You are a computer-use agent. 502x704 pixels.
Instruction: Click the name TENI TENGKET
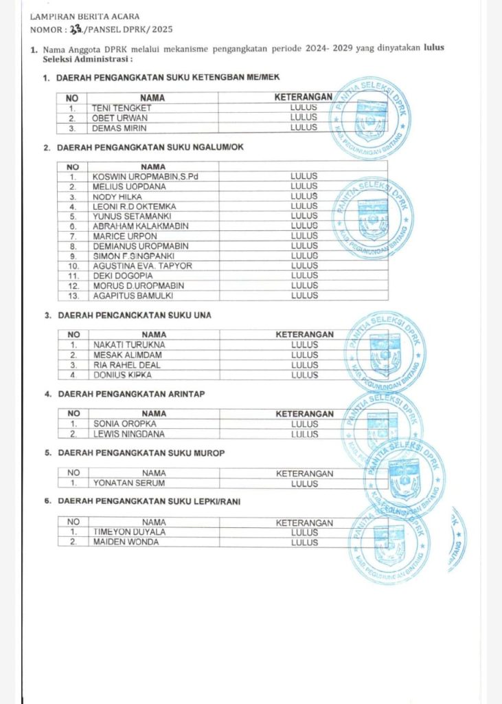[122, 108]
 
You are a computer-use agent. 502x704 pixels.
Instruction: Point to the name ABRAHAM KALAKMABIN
[140, 225]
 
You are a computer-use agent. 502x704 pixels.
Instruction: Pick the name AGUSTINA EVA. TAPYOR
[142, 265]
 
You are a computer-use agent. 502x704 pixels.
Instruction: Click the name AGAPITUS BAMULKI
[133, 296]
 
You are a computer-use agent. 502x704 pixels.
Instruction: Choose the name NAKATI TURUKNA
[129, 344]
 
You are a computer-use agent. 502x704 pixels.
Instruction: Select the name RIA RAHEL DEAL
[127, 365]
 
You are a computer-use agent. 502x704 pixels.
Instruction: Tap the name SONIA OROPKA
[125, 424]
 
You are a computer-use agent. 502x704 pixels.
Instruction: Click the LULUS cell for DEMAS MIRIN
[304, 127]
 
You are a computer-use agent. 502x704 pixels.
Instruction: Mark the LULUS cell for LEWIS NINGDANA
[304, 434]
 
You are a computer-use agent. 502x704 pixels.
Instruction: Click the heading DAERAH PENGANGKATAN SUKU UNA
[134, 316]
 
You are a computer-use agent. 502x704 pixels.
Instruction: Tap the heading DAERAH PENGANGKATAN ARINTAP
[130, 395]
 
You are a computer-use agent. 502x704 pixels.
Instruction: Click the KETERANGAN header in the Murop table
[304, 473]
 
